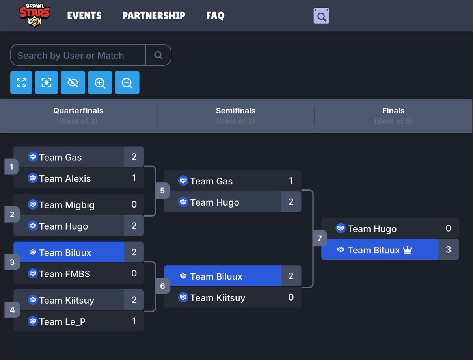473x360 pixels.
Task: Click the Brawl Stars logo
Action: pyautogui.click(x=35, y=15)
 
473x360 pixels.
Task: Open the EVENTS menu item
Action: pyautogui.click(x=84, y=16)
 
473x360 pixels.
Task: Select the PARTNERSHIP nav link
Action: pyautogui.click(x=153, y=16)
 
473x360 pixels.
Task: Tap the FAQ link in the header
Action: pyautogui.click(x=215, y=16)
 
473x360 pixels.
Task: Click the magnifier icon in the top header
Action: pyautogui.click(x=321, y=16)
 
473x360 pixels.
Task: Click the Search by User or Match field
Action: pyautogui.click(x=78, y=55)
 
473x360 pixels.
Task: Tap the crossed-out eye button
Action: pyautogui.click(x=73, y=83)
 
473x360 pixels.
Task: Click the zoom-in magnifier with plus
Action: pyautogui.click(x=100, y=83)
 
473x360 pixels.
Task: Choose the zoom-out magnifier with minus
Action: pyautogui.click(x=127, y=83)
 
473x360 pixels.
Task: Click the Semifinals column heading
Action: pyautogui.click(x=236, y=111)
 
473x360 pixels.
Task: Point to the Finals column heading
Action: pyautogui.click(x=393, y=111)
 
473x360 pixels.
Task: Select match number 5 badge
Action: pyautogui.click(x=162, y=191)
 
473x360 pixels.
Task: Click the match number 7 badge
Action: pyautogui.click(x=320, y=238)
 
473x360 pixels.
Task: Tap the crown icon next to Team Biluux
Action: pyautogui.click(x=407, y=250)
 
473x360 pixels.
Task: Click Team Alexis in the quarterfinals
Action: pyautogui.click(x=65, y=178)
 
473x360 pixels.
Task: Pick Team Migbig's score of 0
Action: pyautogui.click(x=134, y=204)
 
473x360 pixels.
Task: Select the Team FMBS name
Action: pyautogui.click(x=65, y=274)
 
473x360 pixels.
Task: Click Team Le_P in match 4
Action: pyautogui.click(x=62, y=321)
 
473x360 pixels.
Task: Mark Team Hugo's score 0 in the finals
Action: pyautogui.click(x=448, y=228)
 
